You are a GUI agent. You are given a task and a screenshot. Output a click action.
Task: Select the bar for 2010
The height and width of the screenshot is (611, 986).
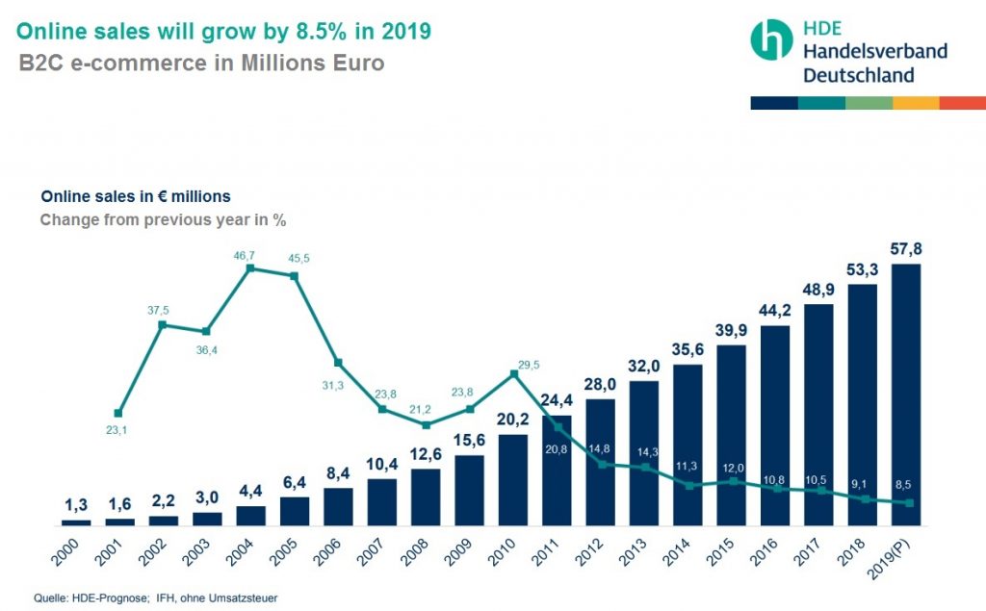pyautogui.click(x=513, y=480)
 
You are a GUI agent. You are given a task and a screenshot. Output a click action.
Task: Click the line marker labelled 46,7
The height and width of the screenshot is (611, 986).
pyautogui.click(x=250, y=268)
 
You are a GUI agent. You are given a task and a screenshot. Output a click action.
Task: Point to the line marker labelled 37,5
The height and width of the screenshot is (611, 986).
pyautogui.click(x=163, y=325)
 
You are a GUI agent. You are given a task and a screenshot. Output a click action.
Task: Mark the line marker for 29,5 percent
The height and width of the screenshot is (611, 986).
pyautogui.click(x=513, y=373)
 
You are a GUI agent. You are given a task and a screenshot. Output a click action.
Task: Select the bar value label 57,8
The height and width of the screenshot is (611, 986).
pyautogui.click(x=906, y=249)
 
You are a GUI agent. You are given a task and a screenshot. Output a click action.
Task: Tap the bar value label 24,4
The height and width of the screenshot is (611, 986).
pyautogui.click(x=557, y=400)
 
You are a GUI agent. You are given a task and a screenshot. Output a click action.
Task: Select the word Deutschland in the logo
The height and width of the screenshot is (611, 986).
pyautogui.click(x=859, y=74)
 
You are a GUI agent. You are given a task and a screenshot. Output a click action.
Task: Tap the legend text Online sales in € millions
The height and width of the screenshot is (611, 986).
pyautogui.click(x=136, y=196)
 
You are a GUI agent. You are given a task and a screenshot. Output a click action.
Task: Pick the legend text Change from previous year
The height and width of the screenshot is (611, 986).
pyautogui.click(x=163, y=219)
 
